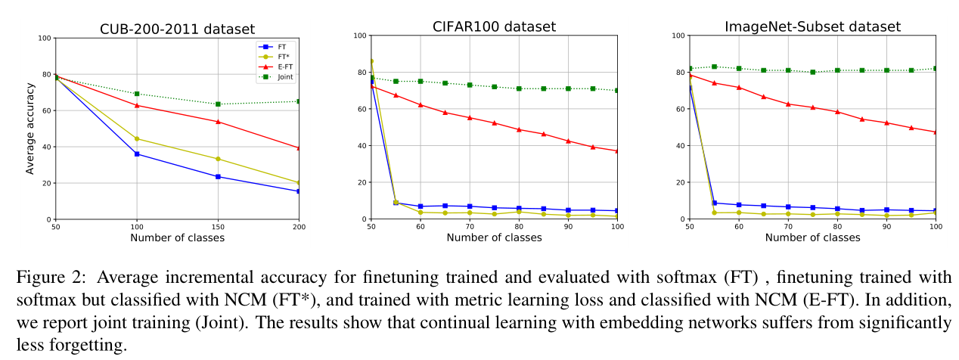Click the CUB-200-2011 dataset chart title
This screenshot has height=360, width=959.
(178, 29)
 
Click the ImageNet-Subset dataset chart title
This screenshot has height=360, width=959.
(812, 26)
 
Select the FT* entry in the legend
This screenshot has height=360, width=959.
(278, 56)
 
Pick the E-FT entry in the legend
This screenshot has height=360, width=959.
(279, 67)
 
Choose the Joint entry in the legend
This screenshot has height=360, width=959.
(279, 76)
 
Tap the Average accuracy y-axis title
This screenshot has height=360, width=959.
(30, 129)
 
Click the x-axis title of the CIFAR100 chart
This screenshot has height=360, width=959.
(494, 237)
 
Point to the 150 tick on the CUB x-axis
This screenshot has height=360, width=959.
(218, 227)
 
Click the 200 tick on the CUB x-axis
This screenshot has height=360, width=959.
(298, 227)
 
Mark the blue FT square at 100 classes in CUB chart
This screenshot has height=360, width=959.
(137, 154)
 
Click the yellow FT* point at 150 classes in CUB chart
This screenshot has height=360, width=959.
(218, 159)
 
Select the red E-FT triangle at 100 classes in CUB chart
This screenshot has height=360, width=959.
(137, 105)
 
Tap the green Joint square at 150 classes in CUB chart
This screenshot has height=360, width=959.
(218, 104)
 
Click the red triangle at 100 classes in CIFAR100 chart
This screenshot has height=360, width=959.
(617, 151)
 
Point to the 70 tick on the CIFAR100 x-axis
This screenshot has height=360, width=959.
(469, 226)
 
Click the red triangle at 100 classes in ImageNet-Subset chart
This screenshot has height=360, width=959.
(936, 132)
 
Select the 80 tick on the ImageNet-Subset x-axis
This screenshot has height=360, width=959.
(837, 226)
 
